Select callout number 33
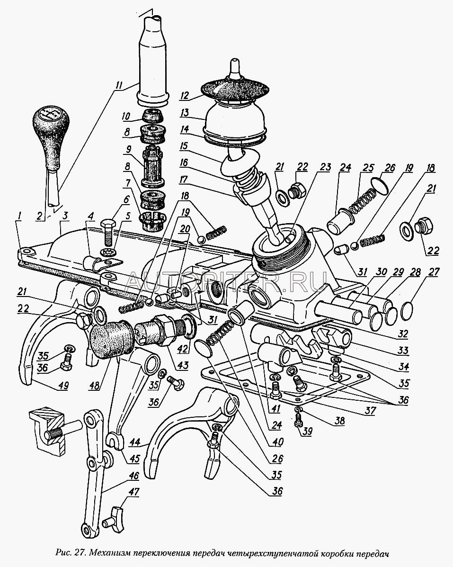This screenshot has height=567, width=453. pyautogui.click(x=403, y=351)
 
